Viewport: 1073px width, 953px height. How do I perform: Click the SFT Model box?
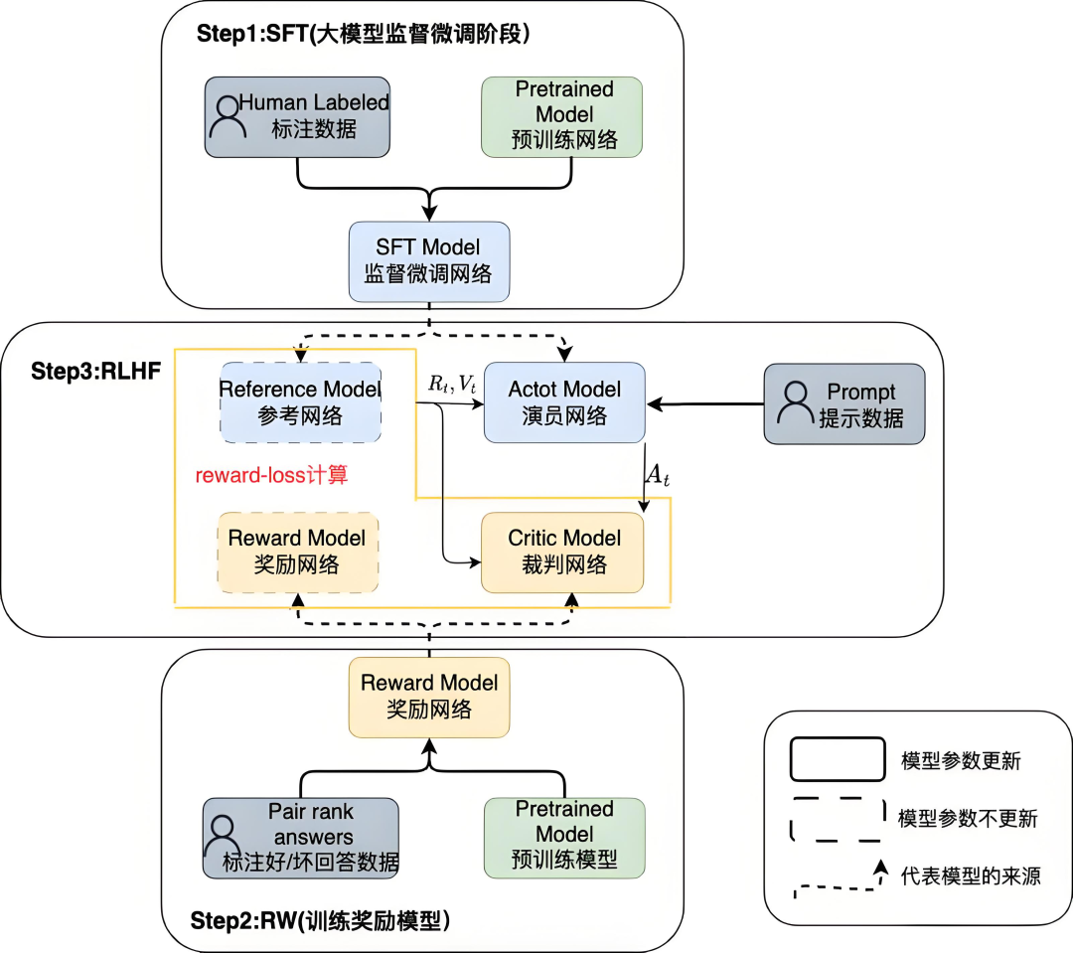coord(428,260)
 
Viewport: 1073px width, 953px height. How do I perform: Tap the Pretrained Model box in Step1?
coord(562,115)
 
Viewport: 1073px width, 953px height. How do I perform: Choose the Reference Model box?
coord(299,402)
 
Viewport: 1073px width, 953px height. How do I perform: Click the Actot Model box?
coord(564,402)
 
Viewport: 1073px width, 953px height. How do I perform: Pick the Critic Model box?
coord(563,552)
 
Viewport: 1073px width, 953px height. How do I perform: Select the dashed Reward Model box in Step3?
coord(297,552)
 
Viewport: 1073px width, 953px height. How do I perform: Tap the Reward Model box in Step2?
coord(429,696)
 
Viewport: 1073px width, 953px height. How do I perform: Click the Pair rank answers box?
coord(300,837)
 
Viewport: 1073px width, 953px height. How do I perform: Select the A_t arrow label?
coord(658,475)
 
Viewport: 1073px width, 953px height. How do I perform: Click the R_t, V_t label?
coord(453,384)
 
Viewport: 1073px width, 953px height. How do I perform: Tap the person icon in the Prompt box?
coord(795,402)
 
